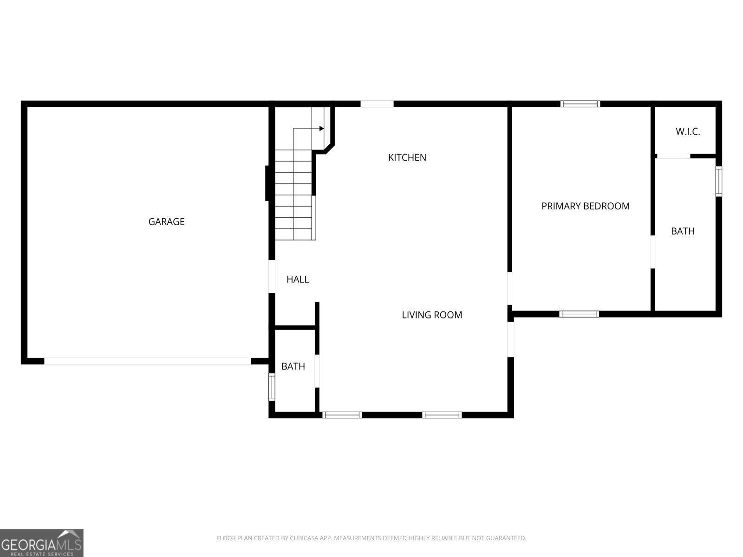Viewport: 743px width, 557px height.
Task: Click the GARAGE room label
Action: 166,221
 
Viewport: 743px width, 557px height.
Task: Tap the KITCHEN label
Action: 407,157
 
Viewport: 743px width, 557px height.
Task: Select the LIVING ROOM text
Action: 431,315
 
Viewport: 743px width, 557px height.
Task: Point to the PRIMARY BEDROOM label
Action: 585,206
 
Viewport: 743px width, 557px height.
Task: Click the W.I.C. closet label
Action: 688,131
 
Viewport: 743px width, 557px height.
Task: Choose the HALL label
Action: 298,279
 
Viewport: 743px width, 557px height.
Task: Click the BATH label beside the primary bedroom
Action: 683,231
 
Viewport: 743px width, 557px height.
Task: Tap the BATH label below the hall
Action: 293,366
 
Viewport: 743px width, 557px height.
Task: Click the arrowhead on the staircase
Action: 321,129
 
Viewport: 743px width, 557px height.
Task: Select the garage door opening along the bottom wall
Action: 148,361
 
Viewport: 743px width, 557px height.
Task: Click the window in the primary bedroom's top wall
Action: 580,104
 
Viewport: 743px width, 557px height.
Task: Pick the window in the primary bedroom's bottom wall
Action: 579,314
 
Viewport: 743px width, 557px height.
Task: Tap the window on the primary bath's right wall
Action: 719,181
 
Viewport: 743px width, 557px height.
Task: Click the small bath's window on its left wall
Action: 272,387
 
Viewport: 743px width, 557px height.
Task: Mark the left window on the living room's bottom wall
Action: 342,415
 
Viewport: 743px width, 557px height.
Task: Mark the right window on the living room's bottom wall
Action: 442,415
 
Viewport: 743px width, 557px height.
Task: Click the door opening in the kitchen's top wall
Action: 377,104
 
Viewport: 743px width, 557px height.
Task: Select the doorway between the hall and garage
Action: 272,276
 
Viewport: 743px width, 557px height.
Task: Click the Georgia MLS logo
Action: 42,543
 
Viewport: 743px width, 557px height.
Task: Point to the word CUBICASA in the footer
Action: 304,538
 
